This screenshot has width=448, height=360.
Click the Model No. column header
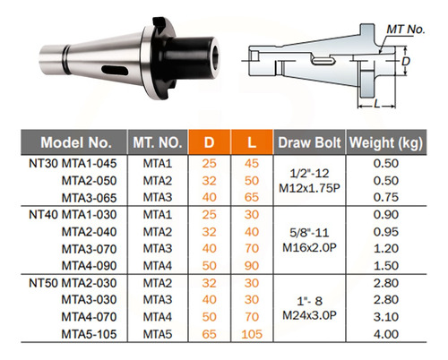76,142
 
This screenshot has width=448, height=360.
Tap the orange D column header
209,142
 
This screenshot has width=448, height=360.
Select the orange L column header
252,142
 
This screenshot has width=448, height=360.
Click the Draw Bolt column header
309,142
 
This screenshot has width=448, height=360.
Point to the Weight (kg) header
386,142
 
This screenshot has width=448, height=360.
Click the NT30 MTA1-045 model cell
73,164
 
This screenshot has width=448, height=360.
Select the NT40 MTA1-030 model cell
73,215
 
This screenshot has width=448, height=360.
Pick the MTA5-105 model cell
89,334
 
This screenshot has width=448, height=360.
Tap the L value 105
252,334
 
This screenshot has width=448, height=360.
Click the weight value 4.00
386,334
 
